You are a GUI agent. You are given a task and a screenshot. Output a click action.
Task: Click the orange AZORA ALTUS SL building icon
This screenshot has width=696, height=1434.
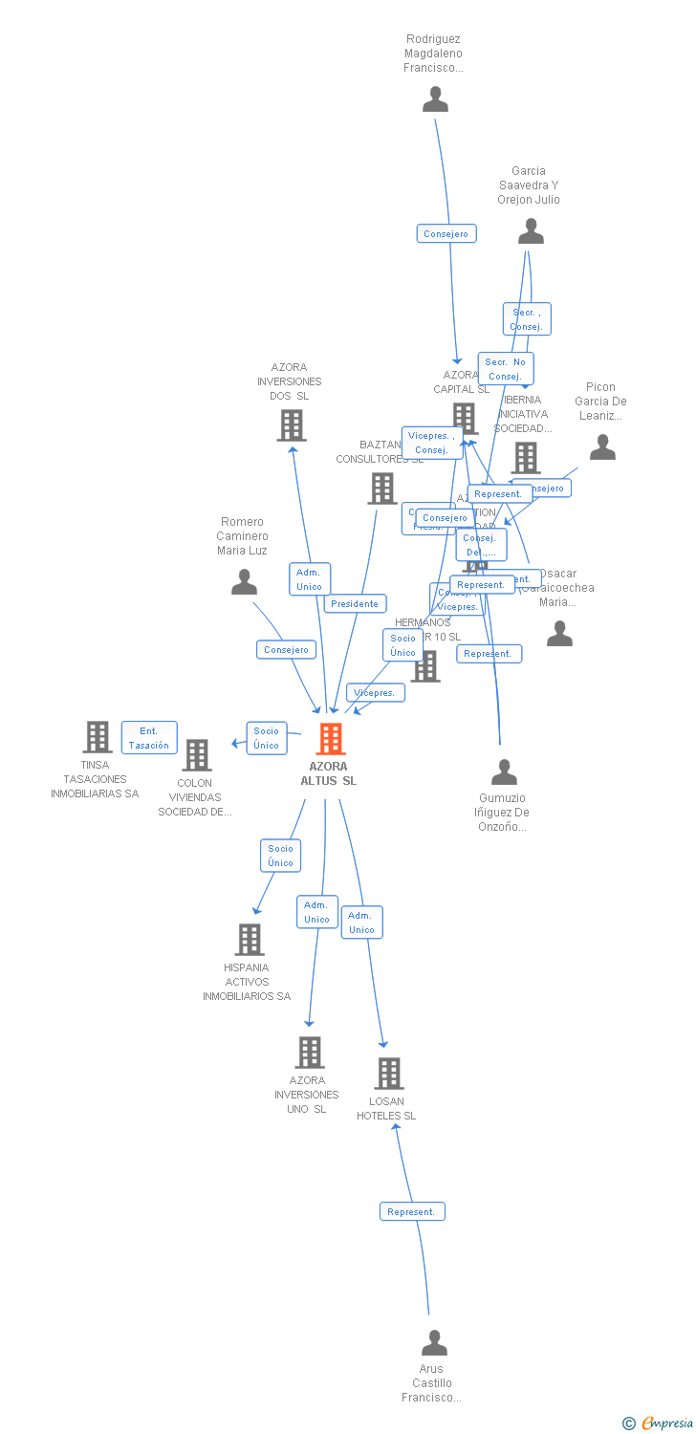[330, 739]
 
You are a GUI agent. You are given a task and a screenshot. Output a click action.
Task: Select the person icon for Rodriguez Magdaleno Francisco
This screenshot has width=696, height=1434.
[435, 99]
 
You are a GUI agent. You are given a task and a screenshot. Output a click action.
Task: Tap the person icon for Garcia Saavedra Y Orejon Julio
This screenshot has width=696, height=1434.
[530, 231]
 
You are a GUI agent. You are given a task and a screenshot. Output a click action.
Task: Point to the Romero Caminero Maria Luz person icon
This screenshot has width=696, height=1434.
[244, 582]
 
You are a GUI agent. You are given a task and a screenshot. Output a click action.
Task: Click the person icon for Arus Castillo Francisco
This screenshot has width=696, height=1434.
[434, 1343]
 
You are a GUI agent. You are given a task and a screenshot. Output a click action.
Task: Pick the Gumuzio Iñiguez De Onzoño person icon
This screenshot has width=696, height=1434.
[504, 771]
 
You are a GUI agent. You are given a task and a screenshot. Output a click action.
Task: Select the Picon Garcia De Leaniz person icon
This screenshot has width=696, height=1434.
[602, 447]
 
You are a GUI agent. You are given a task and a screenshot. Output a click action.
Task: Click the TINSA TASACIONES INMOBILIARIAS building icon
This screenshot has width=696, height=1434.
[97, 737]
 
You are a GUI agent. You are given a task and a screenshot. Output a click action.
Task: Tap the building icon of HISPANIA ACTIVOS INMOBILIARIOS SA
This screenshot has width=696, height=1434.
[250, 940]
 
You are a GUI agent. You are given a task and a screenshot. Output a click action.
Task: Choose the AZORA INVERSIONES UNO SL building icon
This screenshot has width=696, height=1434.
[309, 1053]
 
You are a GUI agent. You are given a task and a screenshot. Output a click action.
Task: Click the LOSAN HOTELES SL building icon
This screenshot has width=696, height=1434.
[388, 1074]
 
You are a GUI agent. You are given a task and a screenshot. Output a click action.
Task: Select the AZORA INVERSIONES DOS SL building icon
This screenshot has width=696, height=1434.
[291, 425]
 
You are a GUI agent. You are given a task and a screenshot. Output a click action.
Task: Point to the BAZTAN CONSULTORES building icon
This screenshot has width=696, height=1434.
[381, 489]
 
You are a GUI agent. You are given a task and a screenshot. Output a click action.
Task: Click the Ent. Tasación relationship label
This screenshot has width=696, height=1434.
[149, 738]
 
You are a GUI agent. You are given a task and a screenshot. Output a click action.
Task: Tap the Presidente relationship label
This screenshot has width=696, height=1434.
[356, 603]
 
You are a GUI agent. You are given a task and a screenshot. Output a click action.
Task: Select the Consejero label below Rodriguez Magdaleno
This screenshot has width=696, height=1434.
[446, 233]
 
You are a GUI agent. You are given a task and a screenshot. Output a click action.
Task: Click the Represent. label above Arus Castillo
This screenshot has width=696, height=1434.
[412, 1211]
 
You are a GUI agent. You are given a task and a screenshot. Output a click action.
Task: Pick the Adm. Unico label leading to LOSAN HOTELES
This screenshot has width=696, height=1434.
[361, 923]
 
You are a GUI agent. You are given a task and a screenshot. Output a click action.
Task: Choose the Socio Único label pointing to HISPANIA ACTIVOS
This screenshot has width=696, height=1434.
[281, 856]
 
